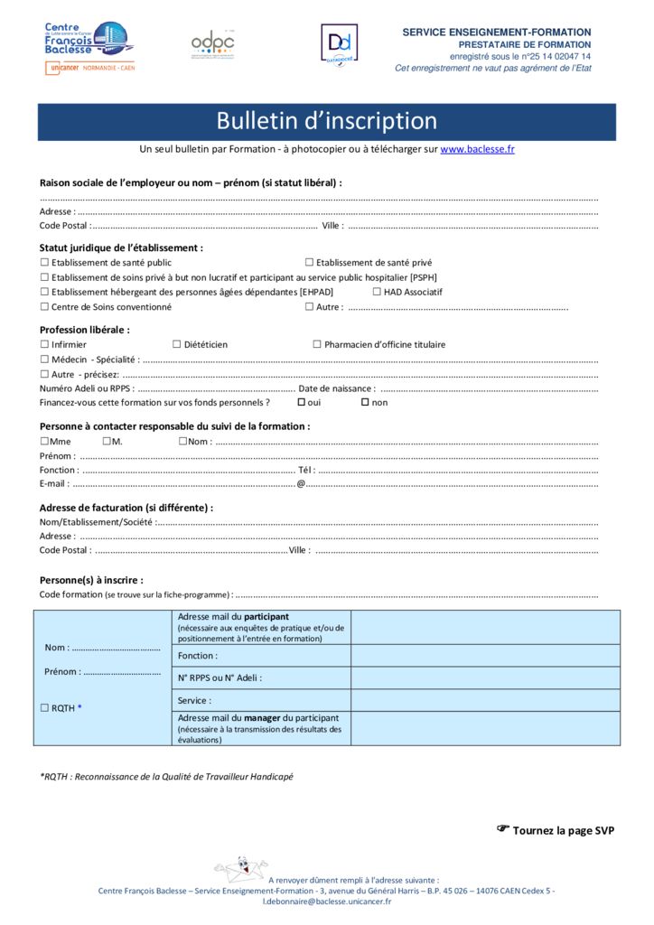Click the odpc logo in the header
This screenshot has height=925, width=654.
pyautogui.click(x=212, y=44)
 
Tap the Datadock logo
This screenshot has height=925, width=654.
pyautogui.click(x=339, y=44)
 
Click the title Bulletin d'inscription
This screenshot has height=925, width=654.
pyautogui.click(x=326, y=121)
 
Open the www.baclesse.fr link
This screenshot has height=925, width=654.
pyautogui.click(x=477, y=149)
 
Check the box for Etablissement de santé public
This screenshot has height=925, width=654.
pyautogui.click(x=44, y=263)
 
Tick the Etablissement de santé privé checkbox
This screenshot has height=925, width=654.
pyautogui.click(x=309, y=263)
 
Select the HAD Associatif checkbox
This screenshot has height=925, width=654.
pyautogui.click(x=377, y=292)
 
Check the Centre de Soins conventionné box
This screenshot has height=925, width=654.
pyautogui.click(x=44, y=307)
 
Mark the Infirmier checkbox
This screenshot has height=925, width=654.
pyautogui.click(x=44, y=344)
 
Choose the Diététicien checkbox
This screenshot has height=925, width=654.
pyautogui.click(x=177, y=344)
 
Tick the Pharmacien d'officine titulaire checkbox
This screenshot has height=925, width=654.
pyautogui.click(x=317, y=344)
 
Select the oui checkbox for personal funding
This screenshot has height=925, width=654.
pyautogui.click(x=302, y=402)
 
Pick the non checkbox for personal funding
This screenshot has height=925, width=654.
pyautogui.click(x=365, y=402)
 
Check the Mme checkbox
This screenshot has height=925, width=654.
pyautogui.click(x=44, y=441)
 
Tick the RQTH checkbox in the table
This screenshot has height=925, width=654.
pyautogui.click(x=44, y=708)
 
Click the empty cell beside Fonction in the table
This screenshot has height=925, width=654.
pyautogui.click(x=485, y=656)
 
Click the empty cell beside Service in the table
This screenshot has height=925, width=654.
pyautogui.click(x=485, y=700)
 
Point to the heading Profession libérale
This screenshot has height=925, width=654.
pyautogui.click(x=84, y=330)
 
